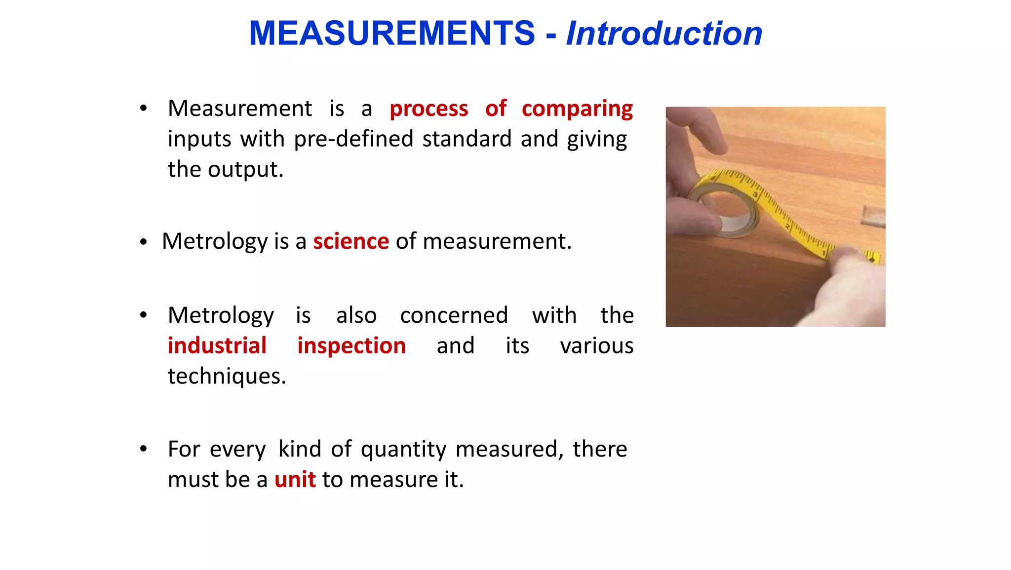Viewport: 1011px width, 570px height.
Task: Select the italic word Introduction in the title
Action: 664,34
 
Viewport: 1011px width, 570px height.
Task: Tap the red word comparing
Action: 577,109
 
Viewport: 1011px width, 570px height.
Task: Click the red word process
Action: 428,109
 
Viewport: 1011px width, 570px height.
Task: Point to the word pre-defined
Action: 353,139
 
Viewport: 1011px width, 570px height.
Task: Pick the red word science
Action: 351,241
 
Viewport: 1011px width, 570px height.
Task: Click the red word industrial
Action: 217,345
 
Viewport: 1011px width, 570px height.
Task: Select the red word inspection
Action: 351,345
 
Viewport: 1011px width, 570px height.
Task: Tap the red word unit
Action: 295,480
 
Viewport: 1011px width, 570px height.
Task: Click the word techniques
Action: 227,376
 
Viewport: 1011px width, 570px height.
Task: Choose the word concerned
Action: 454,315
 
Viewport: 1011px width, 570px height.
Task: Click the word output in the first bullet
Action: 245,170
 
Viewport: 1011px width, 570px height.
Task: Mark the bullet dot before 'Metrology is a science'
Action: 143,242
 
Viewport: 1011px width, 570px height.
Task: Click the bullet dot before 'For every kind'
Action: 143,449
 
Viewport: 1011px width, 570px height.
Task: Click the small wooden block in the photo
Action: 873,216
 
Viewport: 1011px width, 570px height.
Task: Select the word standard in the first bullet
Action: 467,139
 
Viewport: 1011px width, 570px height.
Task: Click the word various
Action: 596,345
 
